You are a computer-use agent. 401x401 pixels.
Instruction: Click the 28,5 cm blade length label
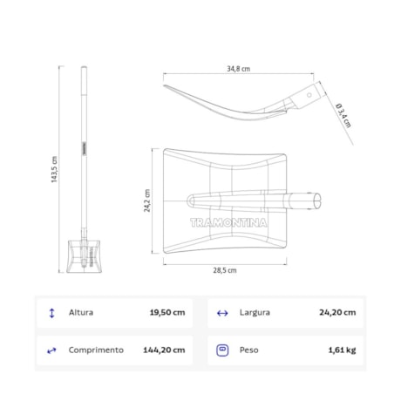[x=225, y=270]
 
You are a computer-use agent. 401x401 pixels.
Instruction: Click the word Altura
[x=81, y=312]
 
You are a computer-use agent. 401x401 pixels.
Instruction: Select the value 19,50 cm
[x=167, y=312]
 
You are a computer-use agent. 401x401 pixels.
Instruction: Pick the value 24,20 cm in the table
[x=337, y=312]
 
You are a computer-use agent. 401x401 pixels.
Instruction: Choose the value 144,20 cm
[x=164, y=350]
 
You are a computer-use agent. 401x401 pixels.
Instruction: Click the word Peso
[x=248, y=350]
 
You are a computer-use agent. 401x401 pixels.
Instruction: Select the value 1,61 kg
[x=341, y=350]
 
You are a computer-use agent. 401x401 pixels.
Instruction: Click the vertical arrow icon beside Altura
[x=51, y=312]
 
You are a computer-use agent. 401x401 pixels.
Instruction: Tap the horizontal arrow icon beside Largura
[x=221, y=312]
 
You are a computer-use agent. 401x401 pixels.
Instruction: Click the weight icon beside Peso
[x=221, y=350]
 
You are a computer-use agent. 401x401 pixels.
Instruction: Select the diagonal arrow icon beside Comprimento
[x=51, y=350]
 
